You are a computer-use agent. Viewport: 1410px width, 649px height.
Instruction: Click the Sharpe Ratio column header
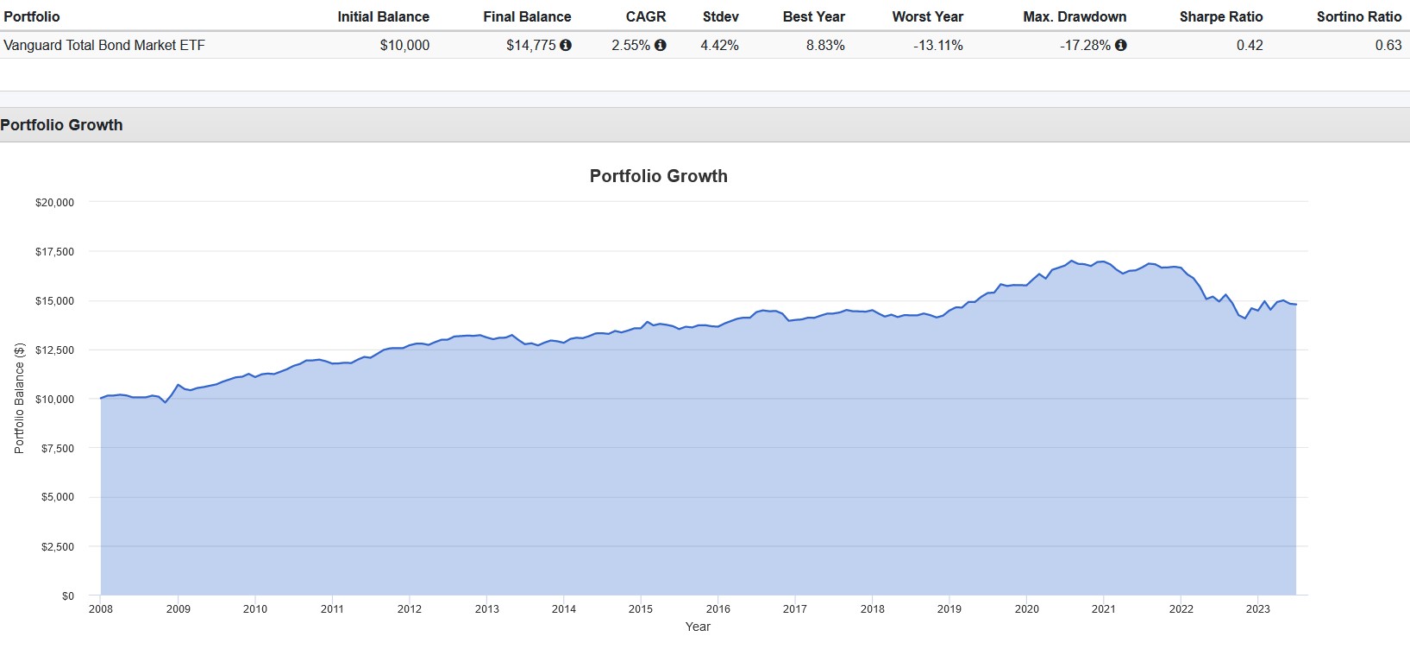click(x=1220, y=16)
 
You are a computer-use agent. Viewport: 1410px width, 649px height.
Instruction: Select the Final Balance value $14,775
click(x=530, y=45)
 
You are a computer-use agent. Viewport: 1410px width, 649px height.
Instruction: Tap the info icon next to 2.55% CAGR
click(x=661, y=45)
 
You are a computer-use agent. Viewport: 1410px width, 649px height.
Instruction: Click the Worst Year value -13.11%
click(x=937, y=45)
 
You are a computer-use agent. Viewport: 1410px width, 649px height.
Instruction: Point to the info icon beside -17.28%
click(x=1121, y=45)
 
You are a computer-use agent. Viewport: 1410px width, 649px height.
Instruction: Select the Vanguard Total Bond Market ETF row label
click(x=104, y=45)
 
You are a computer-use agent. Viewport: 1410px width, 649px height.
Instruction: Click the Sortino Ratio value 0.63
click(x=1388, y=45)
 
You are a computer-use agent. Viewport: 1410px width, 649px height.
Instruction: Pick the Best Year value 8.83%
click(x=825, y=45)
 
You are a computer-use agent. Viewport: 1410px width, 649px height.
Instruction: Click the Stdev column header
click(x=720, y=16)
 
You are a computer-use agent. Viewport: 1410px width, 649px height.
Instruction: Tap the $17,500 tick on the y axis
click(x=54, y=252)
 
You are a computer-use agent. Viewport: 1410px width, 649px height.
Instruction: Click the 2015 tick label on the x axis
click(x=641, y=609)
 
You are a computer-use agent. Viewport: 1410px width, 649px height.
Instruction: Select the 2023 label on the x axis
click(x=1257, y=609)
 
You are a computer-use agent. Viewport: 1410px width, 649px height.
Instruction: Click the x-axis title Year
click(x=698, y=627)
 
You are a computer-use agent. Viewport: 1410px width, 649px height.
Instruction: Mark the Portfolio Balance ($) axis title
click(x=20, y=398)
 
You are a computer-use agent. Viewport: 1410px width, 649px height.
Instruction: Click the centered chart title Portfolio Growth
click(x=658, y=176)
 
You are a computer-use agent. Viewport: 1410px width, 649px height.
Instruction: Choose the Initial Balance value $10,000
click(x=404, y=45)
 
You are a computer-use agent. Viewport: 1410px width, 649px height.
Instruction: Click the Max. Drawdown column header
click(x=1075, y=16)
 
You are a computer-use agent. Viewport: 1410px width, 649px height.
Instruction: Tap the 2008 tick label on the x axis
click(x=101, y=609)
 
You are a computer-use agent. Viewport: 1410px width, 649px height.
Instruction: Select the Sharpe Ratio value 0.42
click(x=1249, y=45)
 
